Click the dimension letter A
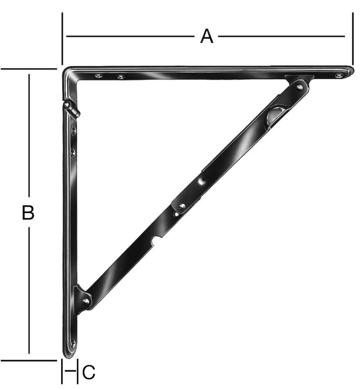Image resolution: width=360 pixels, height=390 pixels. click(x=207, y=37)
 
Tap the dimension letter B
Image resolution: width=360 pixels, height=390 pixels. click(x=28, y=213)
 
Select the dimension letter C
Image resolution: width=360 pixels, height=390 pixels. click(x=88, y=372)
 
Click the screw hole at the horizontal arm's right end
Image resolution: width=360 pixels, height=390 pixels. click(x=338, y=76)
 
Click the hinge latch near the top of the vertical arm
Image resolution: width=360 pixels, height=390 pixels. click(x=72, y=109)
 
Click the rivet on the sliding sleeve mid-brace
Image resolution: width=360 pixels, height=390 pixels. click(x=182, y=206)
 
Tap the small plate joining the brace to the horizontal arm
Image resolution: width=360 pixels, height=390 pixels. click(x=299, y=78)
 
